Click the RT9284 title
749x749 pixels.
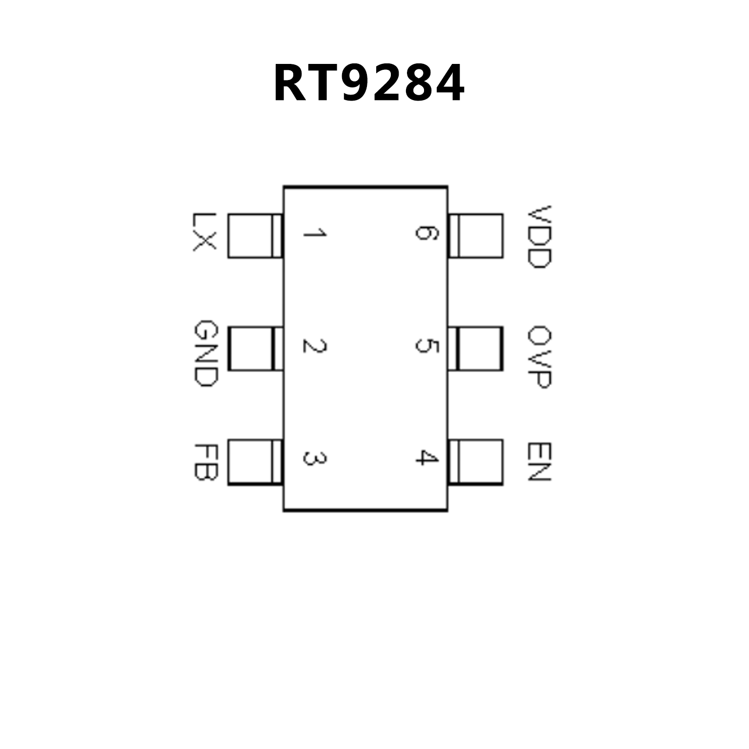pyautogui.click(x=369, y=83)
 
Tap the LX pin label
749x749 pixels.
pyautogui.click(x=204, y=232)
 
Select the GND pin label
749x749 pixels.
pyautogui.click(x=204, y=353)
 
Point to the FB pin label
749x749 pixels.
pyautogui.click(x=204, y=462)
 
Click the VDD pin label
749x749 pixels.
pyautogui.click(x=539, y=237)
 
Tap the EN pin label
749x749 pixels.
pyautogui.click(x=539, y=462)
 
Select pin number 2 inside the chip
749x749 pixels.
pyautogui.click(x=315, y=346)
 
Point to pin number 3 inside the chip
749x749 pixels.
pyautogui.click(x=315, y=458)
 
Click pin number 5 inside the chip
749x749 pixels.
pyautogui.click(x=426, y=346)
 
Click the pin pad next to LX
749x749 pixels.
pyautogui.click(x=255, y=236)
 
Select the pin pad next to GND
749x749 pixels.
pyautogui.click(x=255, y=348)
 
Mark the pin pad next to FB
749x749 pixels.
pyautogui.click(x=255, y=462)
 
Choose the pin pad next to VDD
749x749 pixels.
pyautogui.click(x=476, y=236)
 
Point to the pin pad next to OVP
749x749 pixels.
pyautogui.click(x=476, y=348)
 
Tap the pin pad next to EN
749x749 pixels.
pyautogui.click(x=476, y=462)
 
